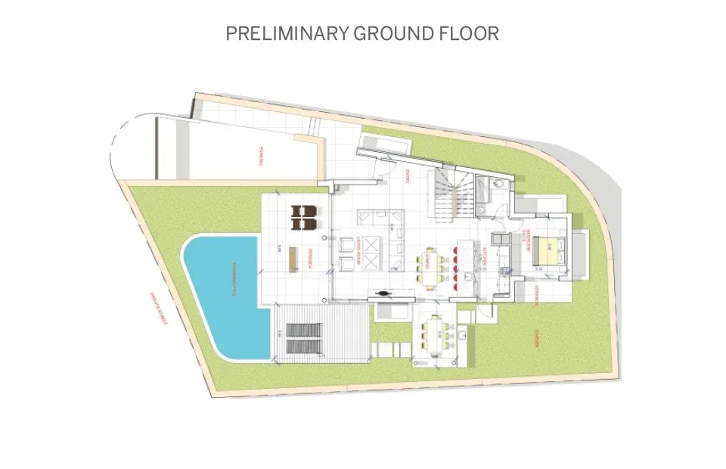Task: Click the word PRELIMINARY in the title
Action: (286, 34)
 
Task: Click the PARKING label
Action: (261, 157)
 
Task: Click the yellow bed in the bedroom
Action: (549, 250)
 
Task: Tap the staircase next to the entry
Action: (451, 194)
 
